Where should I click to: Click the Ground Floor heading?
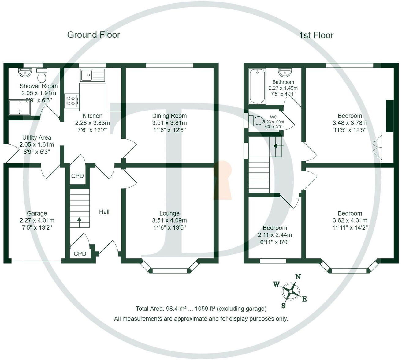(x=93, y=35)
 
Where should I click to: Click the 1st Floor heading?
(x=316, y=35)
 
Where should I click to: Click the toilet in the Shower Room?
(x=42, y=74)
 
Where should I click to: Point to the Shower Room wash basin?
(x=25, y=72)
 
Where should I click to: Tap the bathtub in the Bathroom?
(x=257, y=87)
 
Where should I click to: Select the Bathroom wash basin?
(x=285, y=72)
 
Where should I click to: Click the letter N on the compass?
(x=298, y=277)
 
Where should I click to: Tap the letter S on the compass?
(x=283, y=305)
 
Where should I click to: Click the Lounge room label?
(x=169, y=213)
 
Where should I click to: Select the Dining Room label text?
(x=169, y=116)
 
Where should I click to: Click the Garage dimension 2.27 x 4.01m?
(x=37, y=220)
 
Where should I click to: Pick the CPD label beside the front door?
(x=80, y=254)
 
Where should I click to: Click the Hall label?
(x=104, y=212)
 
